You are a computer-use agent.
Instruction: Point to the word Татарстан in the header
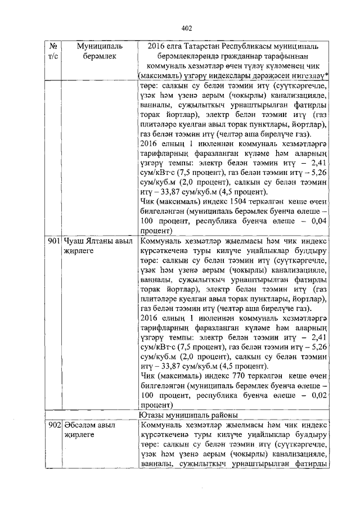[x=196, y=45]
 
